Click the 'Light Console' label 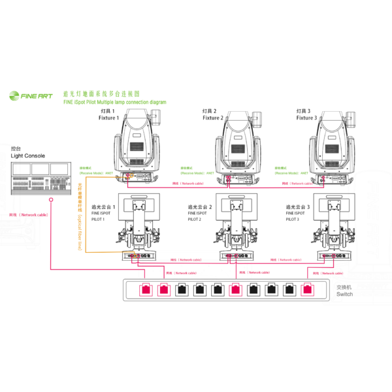[28, 156]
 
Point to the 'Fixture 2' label [213, 118]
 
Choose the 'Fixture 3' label [306, 118]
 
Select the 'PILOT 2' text [195, 220]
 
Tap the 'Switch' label [344, 294]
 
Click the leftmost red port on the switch [146, 287]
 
